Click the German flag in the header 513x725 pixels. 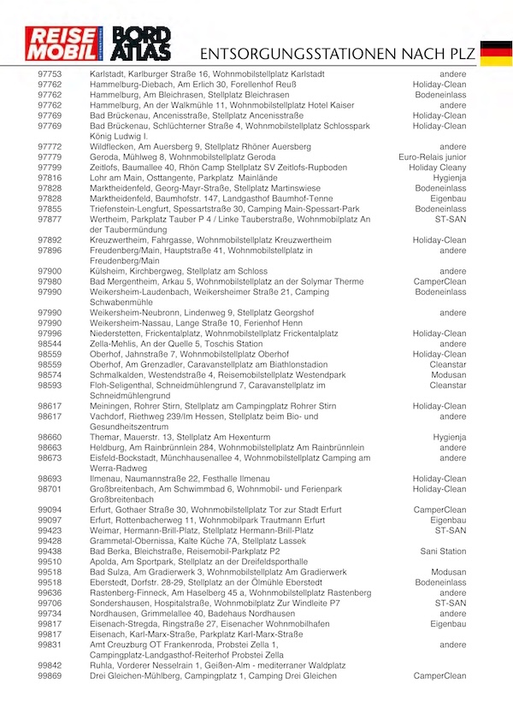tap(496, 52)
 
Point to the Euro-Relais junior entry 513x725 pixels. tap(433, 157)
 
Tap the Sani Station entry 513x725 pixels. tap(443, 551)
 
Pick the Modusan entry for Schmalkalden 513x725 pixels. tap(448, 375)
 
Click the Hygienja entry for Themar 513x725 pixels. tap(450, 437)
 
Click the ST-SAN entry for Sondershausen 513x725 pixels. tap(451, 603)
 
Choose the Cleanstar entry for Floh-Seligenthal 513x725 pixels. tap(448, 386)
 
